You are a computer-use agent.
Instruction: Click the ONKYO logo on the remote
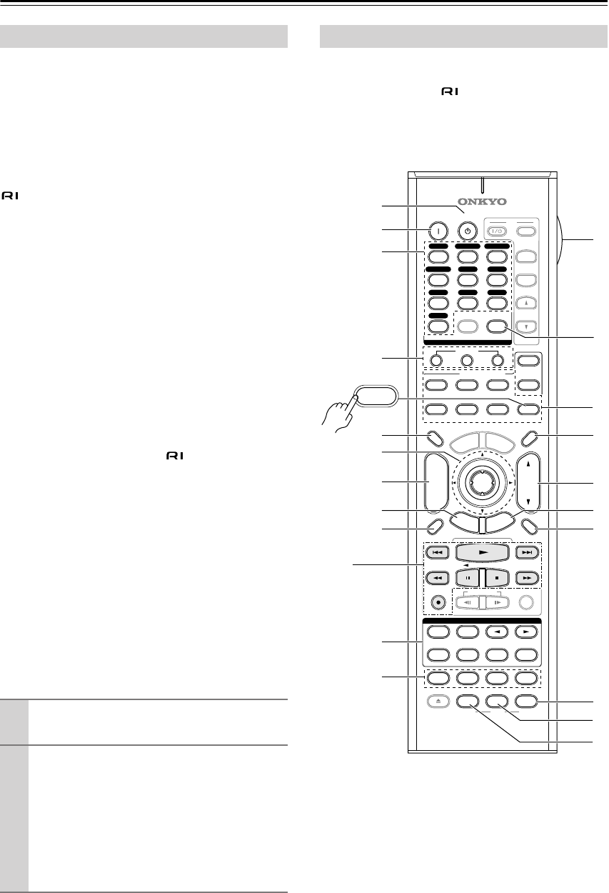(x=482, y=200)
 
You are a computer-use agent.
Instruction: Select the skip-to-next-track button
(x=528, y=552)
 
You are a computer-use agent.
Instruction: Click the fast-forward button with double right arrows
(x=528, y=576)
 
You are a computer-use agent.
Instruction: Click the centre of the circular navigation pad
(x=481, y=483)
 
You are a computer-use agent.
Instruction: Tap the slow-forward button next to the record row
(x=496, y=602)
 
